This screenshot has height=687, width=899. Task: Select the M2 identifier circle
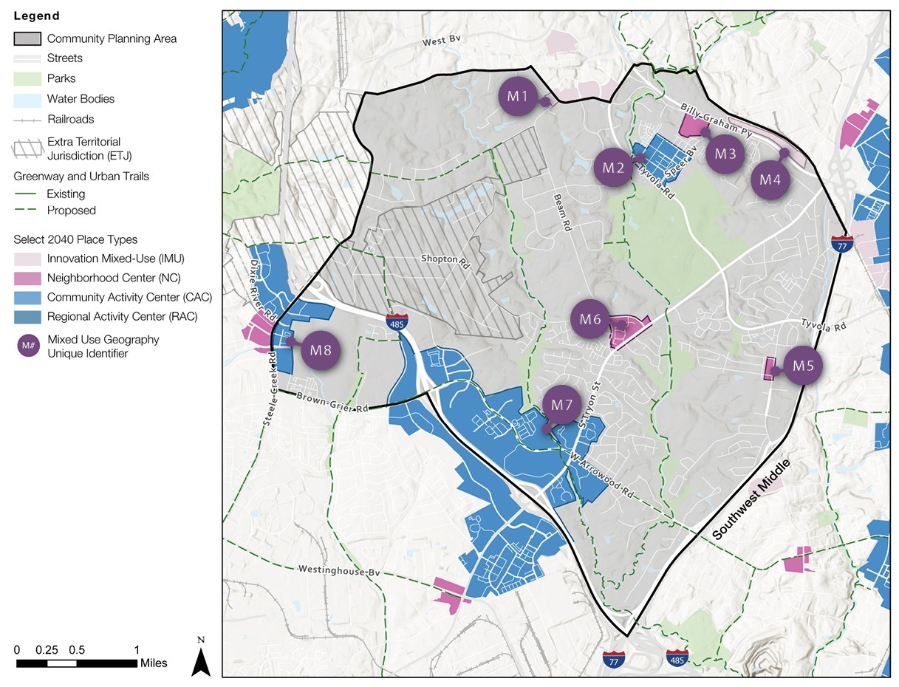point(613,168)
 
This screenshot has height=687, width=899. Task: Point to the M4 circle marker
point(770,180)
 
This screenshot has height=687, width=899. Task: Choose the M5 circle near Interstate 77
point(803,365)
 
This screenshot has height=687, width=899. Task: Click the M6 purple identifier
point(590,319)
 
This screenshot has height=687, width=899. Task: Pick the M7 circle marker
point(562,405)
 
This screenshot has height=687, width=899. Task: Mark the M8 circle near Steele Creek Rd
point(321,350)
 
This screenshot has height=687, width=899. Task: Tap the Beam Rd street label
point(563,213)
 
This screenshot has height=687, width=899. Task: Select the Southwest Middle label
point(751,500)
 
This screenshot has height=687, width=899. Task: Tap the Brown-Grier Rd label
point(332,403)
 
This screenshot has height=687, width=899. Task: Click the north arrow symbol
point(201,656)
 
